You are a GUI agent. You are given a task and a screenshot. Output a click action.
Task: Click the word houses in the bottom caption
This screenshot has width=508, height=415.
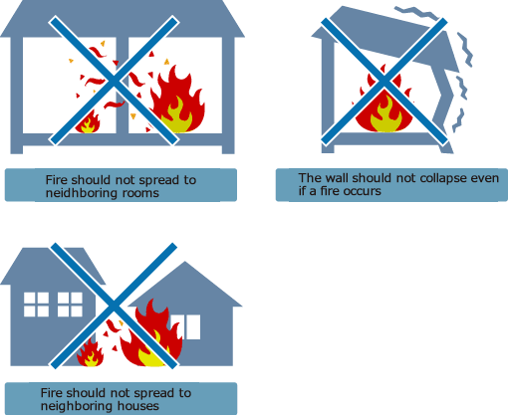139,406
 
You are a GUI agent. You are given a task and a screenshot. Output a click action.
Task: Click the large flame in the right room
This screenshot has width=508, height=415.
176,101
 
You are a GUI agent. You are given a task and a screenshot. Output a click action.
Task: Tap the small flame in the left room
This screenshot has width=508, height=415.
89,122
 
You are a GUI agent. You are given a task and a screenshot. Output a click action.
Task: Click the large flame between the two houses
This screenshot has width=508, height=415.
152,334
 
